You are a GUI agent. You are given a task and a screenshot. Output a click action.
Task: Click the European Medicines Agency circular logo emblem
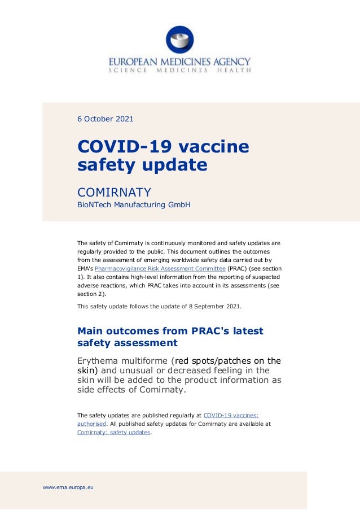point(179,40)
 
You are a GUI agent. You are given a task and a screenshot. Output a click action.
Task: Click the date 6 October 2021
point(106,119)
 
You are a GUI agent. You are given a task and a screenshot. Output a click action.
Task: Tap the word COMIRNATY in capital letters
point(114,193)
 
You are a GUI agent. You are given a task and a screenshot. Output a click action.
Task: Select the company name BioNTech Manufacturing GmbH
point(134,205)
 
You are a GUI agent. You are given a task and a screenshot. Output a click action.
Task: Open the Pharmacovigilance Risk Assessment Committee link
point(160,269)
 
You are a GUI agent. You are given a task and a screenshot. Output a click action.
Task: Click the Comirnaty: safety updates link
point(114,432)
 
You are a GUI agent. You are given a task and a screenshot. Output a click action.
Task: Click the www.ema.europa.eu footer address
point(68,487)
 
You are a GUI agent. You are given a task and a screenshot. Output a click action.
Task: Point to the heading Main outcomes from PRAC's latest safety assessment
point(170,337)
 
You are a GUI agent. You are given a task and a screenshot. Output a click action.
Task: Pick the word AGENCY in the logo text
point(230,62)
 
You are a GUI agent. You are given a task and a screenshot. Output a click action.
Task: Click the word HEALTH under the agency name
point(233,71)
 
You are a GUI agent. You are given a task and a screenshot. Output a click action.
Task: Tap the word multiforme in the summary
point(149,361)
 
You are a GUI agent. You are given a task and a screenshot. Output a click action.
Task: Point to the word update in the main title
point(174,165)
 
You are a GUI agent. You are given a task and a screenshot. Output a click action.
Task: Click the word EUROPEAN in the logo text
point(132,62)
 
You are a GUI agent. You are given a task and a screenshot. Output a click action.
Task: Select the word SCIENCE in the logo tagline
point(128,71)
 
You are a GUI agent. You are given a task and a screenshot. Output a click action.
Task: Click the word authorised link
point(91,424)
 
